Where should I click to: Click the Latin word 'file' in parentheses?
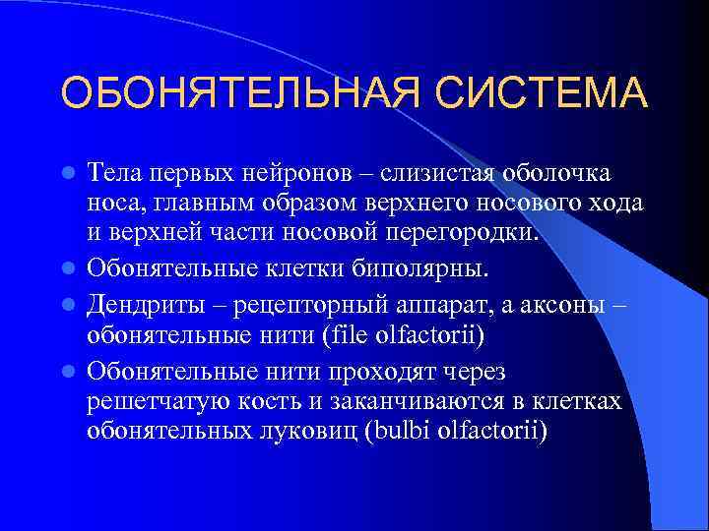pyautogui.click(x=346, y=336)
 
